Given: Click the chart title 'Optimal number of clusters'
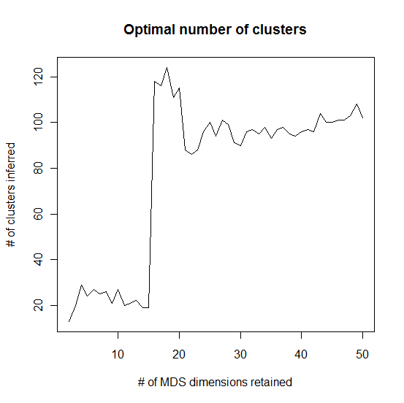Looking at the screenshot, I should point(215,31).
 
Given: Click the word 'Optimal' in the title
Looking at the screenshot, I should point(146,31).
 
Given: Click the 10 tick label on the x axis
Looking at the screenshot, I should point(118,356).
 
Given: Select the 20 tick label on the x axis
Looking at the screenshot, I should point(179,356).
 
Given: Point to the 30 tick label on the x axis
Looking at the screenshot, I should point(240,356).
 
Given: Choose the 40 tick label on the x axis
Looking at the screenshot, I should point(302,356).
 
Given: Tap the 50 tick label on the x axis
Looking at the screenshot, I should point(363,356).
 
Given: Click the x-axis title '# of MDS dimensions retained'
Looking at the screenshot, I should point(215,382).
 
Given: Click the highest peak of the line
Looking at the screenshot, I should point(167,68).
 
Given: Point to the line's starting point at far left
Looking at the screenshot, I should point(69,321).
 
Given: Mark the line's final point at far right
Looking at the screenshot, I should point(363,118).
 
